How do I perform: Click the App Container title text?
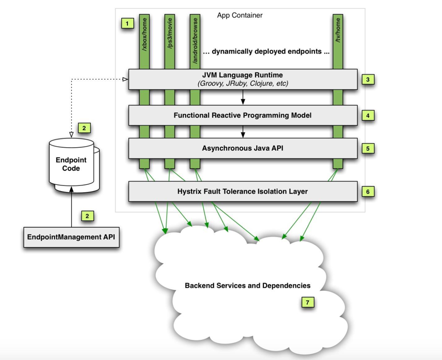pyautogui.click(x=240, y=15)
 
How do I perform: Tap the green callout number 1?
pyautogui.click(x=127, y=23)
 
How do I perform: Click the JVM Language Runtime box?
pyautogui.click(x=243, y=79)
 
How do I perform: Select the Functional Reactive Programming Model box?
pyautogui.click(x=243, y=115)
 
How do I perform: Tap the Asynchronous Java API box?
pyautogui.click(x=243, y=148)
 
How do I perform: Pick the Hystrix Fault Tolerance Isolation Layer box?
pyautogui.click(x=243, y=191)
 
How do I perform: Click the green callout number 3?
pyautogui.click(x=368, y=80)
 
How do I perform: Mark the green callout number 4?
pyautogui.click(x=368, y=115)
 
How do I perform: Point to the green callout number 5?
pyautogui.click(x=368, y=148)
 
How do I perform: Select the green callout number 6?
pyautogui.click(x=368, y=191)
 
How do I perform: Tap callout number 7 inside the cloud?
pyautogui.click(x=307, y=303)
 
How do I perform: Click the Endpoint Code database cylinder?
pyautogui.click(x=71, y=164)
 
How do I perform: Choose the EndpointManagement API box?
pyautogui.click(x=71, y=238)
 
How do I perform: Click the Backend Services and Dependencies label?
pyautogui.click(x=247, y=285)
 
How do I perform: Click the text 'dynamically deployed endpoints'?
pyautogui.click(x=266, y=52)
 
